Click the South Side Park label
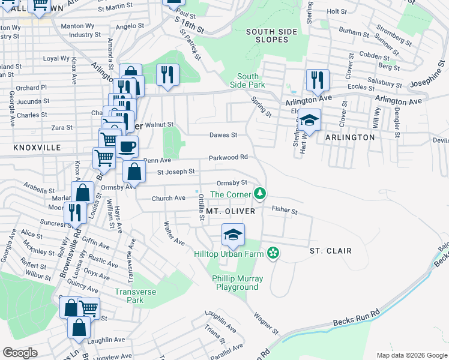coord(247,81)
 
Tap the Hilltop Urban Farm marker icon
coord(273,253)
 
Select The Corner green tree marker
coord(259,194)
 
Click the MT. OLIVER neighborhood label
coord(231,212)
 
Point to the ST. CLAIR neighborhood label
coord(330,250)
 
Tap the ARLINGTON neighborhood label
coord(350,137)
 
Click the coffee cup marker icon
coord(126,146)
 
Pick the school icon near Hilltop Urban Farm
coord(233,233)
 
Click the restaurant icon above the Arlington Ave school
coord(315,79)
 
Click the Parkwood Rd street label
coord(228,158)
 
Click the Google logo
coord(20,352)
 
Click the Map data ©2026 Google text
coord(411,355)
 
